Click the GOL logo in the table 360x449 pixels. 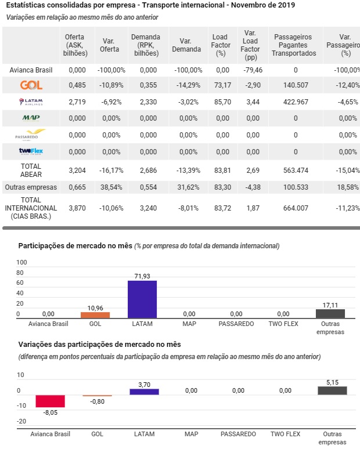tap(31, 85)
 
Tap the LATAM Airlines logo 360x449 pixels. tap(31, 102)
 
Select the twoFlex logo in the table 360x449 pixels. tap(31, 151)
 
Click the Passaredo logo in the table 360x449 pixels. tap(30, 135)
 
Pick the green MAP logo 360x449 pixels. tap(31, 118)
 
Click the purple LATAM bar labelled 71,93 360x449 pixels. tap(142, 299)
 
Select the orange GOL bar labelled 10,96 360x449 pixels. tap(95, 315)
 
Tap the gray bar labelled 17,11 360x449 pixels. tap(330, 314)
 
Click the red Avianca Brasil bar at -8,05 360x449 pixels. tap(50, 401)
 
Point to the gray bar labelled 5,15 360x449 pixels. tap(332, 390)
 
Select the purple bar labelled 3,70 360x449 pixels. tap(144, 392)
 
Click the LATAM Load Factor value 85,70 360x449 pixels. tap(222, 102)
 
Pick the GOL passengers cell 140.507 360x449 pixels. tap(296, 85)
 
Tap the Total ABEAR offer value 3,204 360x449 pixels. tap(77, 171)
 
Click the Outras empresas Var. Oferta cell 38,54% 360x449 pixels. tap(111, 187)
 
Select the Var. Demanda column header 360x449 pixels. tap(186, 45)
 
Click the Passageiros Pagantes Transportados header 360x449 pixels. tap(294, 45)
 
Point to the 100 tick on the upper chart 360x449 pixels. tap(21, 262)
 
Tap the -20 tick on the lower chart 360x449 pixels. tap(21, 421)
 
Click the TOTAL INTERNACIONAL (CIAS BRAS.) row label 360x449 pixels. tap(31, 208)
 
